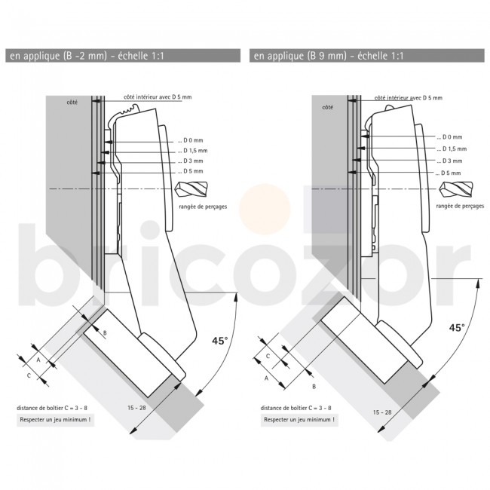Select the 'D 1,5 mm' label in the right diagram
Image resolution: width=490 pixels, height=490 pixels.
pos(449,149)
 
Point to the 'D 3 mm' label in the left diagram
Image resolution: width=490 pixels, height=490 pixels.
pos(193,161)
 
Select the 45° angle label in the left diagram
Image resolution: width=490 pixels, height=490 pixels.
pos(219,341)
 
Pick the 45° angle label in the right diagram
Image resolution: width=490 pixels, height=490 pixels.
pos(457,328)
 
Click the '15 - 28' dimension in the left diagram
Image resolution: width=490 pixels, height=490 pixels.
pos(137,408)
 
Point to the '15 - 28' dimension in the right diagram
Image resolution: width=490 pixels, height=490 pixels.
pos(383,412)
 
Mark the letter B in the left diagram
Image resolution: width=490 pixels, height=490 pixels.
pos(105,332)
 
